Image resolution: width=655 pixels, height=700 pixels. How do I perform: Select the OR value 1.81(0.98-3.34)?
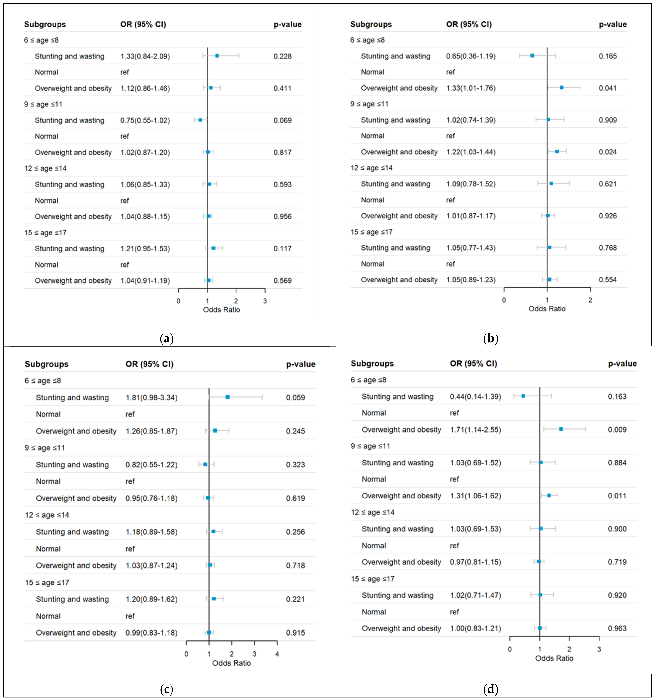point(151,398)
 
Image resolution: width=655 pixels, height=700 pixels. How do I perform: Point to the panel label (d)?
point(491,689)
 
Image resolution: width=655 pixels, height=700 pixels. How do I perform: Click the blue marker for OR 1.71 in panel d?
point(561,429)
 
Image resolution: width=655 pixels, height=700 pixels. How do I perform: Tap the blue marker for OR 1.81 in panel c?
point(227,397)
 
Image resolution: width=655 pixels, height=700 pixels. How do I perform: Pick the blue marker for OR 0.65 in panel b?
point(532,56)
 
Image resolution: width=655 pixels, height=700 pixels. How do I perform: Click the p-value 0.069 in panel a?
point(282,120)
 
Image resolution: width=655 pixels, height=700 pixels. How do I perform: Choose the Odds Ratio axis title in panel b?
point(547,309)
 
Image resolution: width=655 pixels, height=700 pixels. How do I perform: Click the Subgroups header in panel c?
point(46,364)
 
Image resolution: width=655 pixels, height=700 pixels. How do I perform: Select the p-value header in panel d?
point(622,363)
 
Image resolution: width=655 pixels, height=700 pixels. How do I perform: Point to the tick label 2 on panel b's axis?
point(590,300)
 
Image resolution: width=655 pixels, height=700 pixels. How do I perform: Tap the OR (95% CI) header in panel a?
point(143,24)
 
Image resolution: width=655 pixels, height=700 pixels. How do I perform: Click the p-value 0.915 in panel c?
point(295,633)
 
